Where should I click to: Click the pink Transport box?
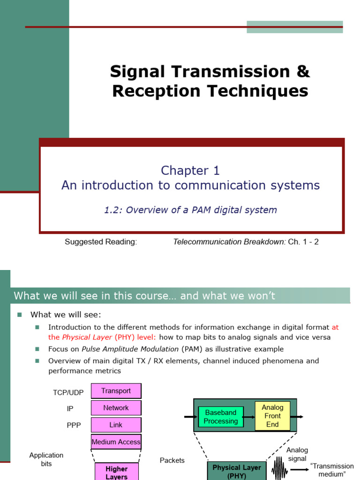[116, 391]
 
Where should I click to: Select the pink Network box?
[116, 408]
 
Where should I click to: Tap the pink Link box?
[116, 425]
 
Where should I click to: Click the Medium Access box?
[116, 442]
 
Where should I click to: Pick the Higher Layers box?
[117, 472]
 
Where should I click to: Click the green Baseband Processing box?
[220, 417]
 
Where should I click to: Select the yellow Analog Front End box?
[272, 416]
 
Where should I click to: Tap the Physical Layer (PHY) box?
[237, 471]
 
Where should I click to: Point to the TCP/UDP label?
[68, 392]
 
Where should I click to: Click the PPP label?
[74, 426]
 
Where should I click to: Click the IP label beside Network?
[70, 409]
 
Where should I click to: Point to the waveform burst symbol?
[280, 467]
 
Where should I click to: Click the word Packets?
[172, 460]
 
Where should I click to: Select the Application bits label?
[46, 459]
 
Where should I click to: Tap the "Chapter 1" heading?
[190, 171]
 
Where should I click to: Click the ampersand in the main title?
[303, 72]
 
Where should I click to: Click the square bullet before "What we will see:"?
[20, 315]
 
